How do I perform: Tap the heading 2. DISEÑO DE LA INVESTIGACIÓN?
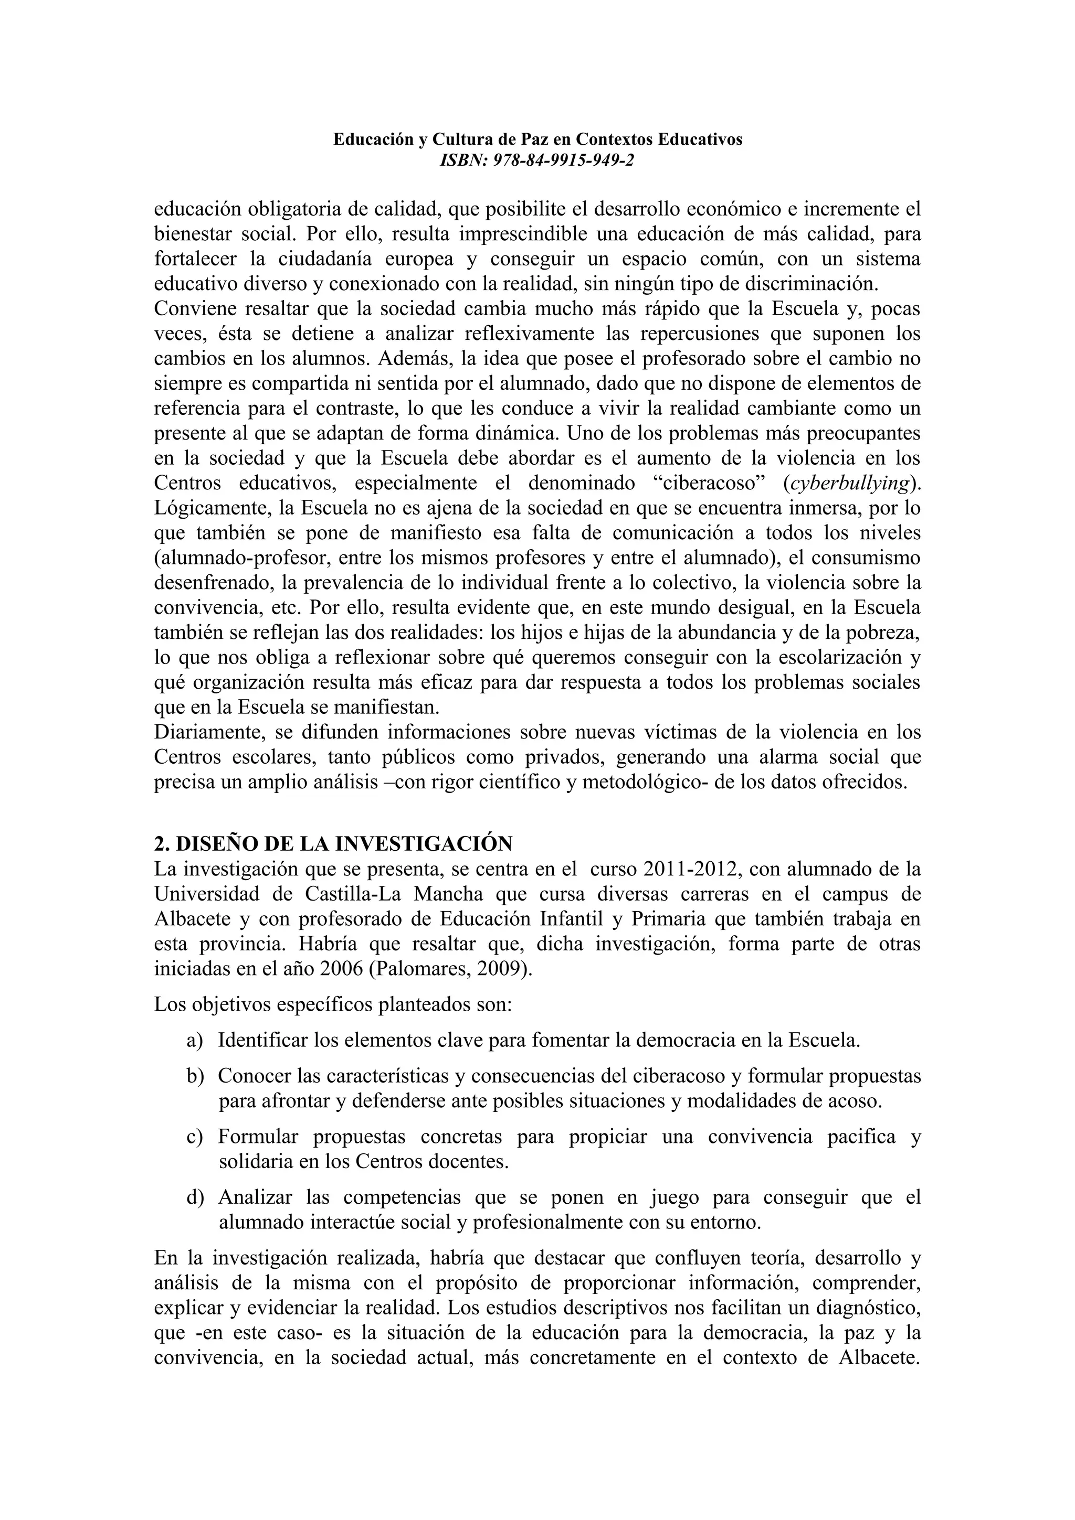pos(333,843)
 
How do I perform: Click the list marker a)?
pos(195,1040)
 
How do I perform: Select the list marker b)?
pos(195,1076)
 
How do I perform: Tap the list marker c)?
pos(195,1137)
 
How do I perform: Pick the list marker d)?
pos(195,1197)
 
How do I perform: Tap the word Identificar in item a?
pos(263,1040)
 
